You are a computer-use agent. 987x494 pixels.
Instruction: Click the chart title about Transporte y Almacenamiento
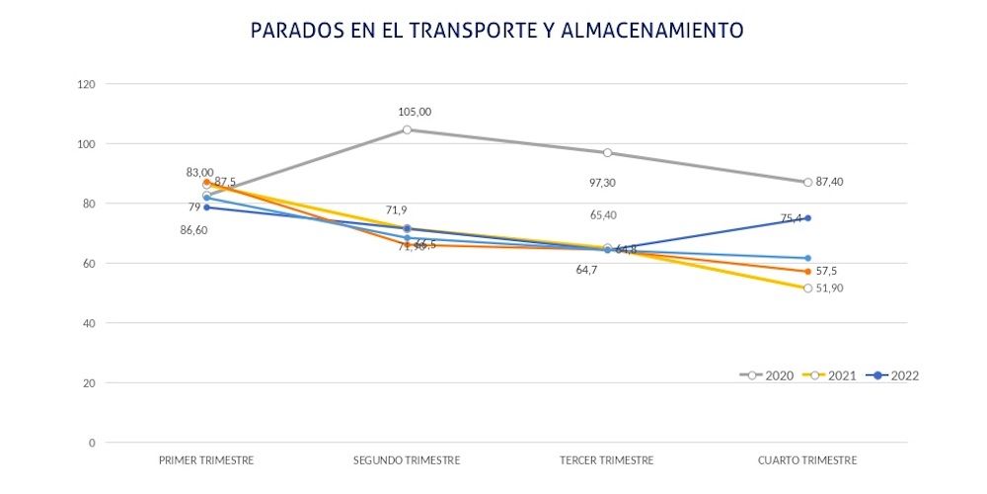tap(496, 31)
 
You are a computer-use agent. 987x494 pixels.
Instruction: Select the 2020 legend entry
tap(766, 375)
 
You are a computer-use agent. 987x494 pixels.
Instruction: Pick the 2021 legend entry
tap(827, 375)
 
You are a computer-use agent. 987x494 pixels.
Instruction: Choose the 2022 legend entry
tap(891, 375)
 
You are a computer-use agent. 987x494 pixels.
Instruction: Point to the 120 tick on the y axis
tap(87, 85)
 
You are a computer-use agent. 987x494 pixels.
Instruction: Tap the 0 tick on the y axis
tap(92, 443)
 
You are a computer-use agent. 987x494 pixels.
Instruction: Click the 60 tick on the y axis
tap(89, 264)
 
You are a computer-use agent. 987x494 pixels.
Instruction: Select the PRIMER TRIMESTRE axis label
tap(206, 460)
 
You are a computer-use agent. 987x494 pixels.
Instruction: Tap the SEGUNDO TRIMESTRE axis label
tap(407, 460)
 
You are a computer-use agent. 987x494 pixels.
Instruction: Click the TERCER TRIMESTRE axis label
tap(607, 460)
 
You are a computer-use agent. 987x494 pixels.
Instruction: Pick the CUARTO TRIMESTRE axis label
tap(807, 460)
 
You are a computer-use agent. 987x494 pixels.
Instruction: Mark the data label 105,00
tap(415, 112)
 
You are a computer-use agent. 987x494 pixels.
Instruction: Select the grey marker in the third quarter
tap(608, 152)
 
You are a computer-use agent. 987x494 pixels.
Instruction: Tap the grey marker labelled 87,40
tap(807, 182)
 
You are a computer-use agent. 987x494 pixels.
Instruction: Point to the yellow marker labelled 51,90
tap(807, 288)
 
